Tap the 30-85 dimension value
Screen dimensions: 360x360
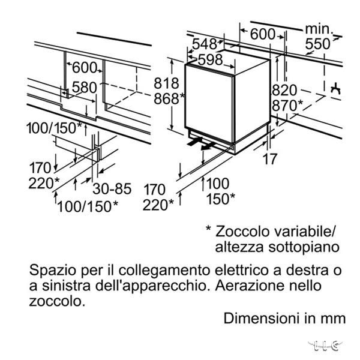point(112,189)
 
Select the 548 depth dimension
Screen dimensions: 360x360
point(205,44)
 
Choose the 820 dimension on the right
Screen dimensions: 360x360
point(284,90)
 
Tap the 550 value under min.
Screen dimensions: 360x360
point(318,44)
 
